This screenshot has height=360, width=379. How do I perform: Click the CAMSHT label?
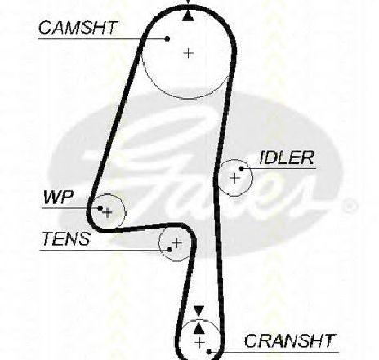pos(78,28)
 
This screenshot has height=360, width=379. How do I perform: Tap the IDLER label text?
pos(287,158)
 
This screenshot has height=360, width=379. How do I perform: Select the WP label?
pos(59,197)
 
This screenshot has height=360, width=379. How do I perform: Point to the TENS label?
pos(66,238)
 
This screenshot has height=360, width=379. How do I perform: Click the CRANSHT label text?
pos(289,340)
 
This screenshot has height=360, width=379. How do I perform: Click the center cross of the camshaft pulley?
pos(189,53)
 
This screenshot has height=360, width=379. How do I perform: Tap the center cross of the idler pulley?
pos(234,178)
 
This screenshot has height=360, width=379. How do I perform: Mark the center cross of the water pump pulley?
pos(108,212)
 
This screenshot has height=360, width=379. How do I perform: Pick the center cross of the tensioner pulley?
pos(177,242)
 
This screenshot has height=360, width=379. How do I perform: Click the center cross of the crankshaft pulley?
pos(200,343)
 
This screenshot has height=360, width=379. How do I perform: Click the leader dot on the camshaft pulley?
pos(167,38)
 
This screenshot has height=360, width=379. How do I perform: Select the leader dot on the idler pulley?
pos(241,169)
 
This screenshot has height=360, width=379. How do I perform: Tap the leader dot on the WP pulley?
pos(100,208)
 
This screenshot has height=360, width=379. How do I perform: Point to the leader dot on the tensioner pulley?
pos(170,250)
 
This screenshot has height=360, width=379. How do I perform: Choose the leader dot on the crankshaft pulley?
pos(209,352)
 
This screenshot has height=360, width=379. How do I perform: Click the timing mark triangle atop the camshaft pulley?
pos(188,16)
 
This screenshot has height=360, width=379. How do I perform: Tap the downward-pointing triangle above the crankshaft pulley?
pos(199,311)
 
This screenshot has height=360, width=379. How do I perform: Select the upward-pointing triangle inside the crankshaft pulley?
pos(199,328)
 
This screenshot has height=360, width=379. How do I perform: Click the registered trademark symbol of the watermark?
pos(350,206)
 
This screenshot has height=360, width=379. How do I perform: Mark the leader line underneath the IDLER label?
pos(279,169)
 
